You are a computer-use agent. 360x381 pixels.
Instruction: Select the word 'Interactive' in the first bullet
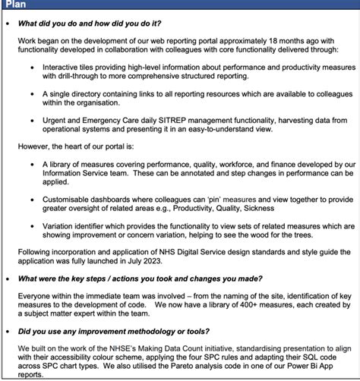(x=68, y=68)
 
